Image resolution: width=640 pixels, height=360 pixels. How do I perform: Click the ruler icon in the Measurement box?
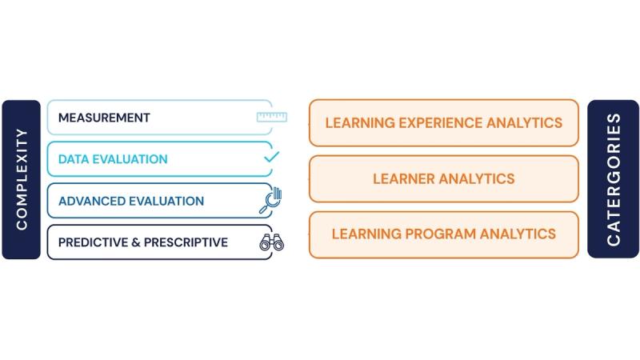click(272, 118)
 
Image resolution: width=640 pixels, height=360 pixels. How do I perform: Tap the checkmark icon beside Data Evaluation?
click(271, 158)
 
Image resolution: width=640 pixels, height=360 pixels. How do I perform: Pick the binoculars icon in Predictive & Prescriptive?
click(271, 242)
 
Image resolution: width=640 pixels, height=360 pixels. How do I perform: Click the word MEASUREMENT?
click(104, 118)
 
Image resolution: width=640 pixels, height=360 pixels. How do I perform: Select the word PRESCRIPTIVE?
click(186, 242)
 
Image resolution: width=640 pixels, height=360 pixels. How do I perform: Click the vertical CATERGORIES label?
click(614, 179)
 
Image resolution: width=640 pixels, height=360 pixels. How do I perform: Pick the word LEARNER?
click(404, 178)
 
